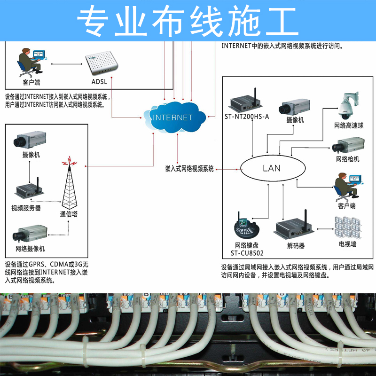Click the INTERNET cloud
pos(172,117)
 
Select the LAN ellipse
pos(271,168)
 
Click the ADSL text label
pos(99,82)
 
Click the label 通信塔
pos(69,214)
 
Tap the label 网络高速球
pos(349,125)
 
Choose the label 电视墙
pos(347,244)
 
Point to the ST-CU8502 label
pos(247,253)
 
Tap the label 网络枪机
pos(348,159)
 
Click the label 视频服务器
pos(26,208)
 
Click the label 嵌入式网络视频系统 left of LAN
pos(189,168)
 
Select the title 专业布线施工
pos(188,21)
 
